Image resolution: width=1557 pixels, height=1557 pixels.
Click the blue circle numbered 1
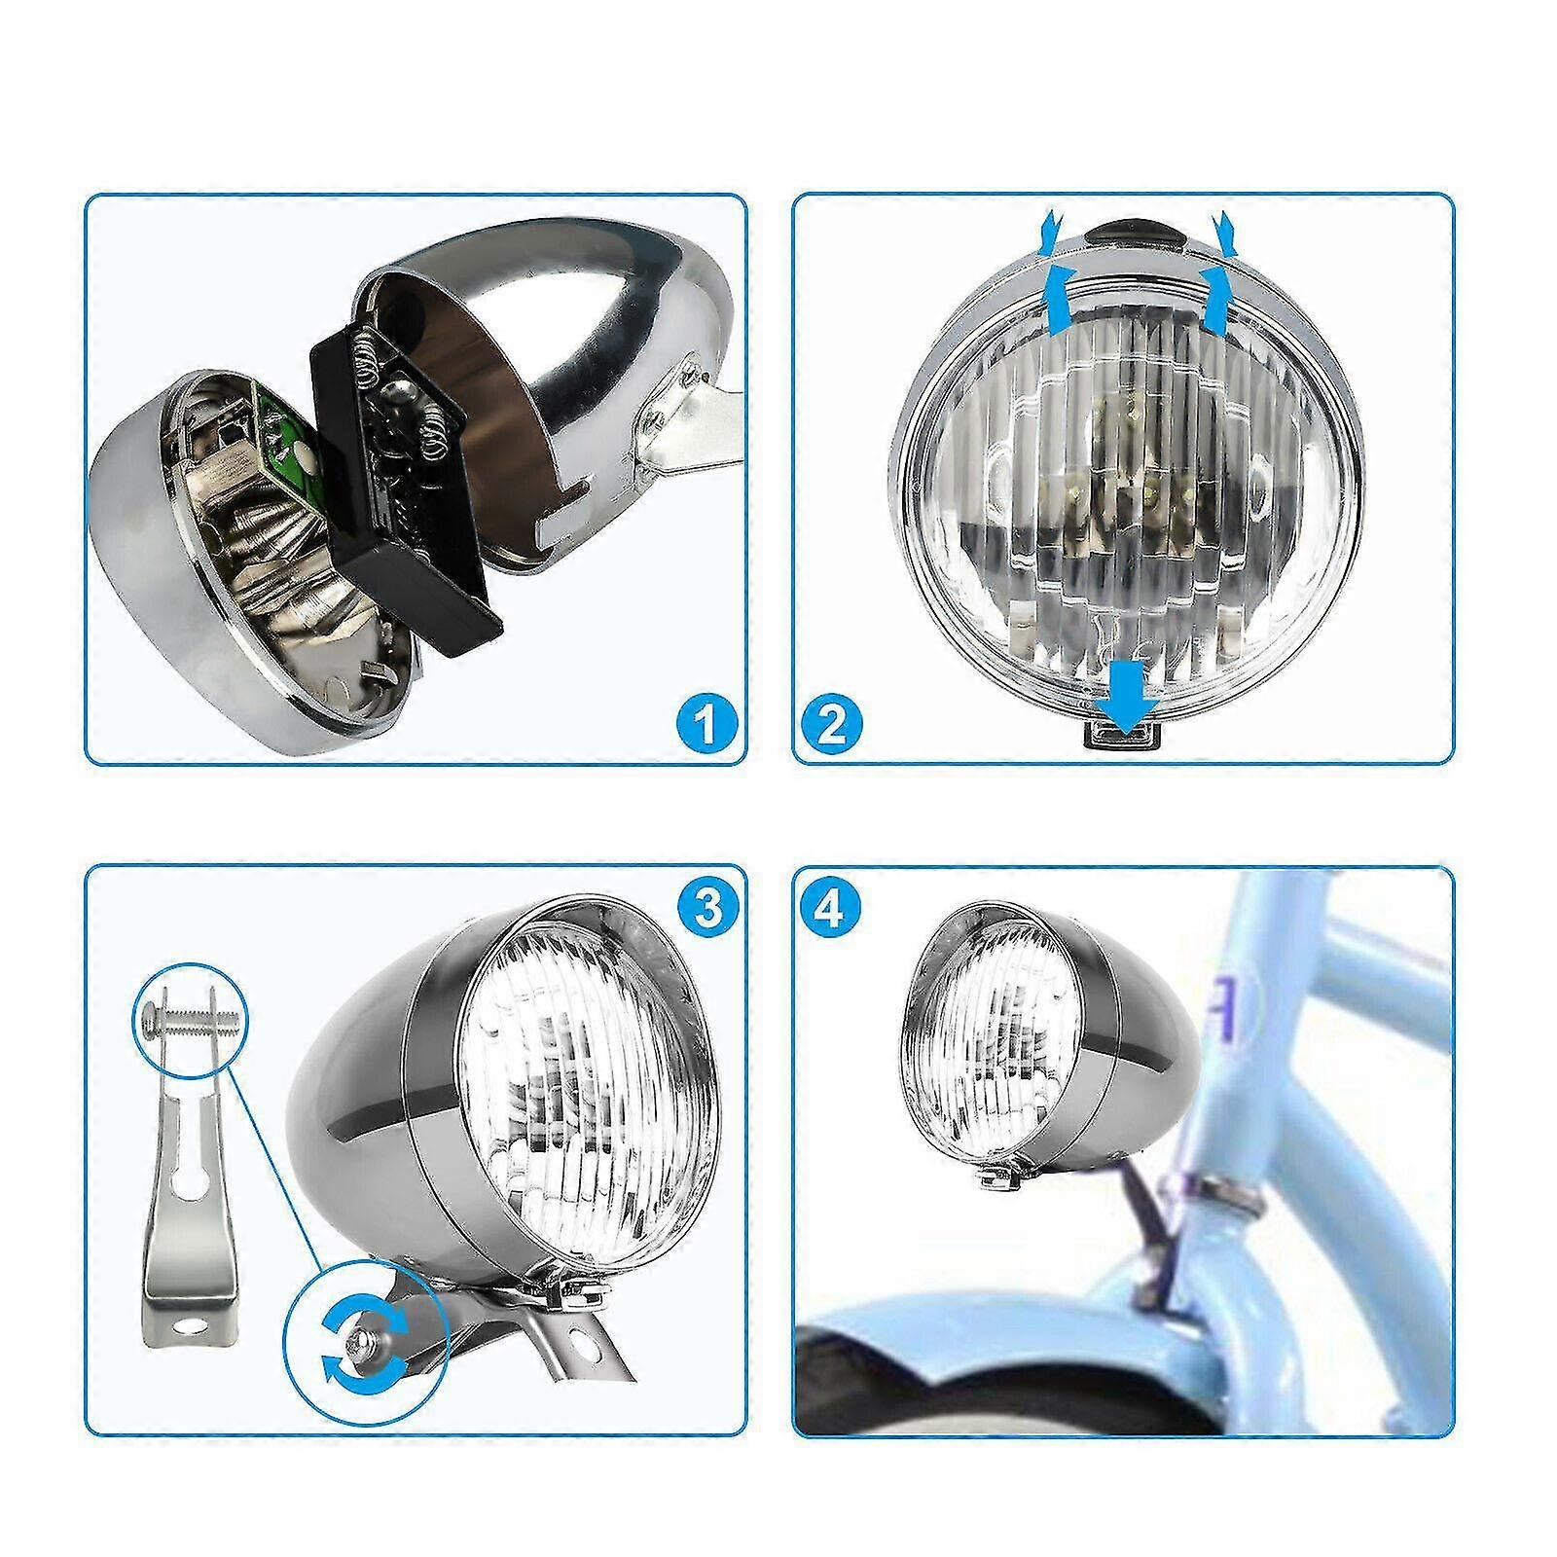703,723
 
